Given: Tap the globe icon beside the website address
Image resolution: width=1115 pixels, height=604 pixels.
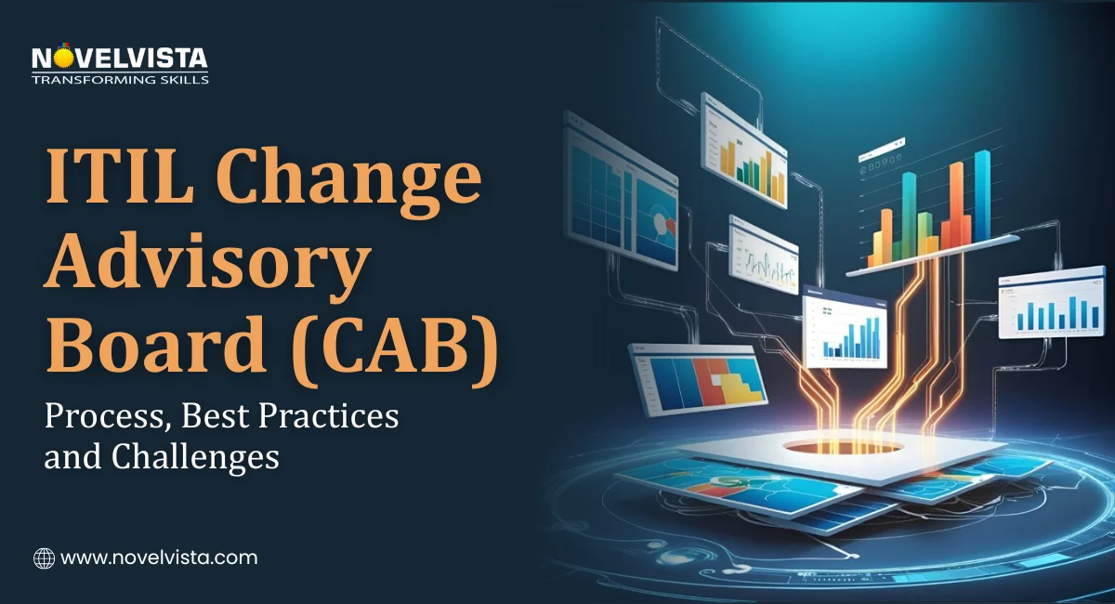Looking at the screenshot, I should [44, 558].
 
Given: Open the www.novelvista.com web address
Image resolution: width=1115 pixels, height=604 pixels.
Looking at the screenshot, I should [158, 558].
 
